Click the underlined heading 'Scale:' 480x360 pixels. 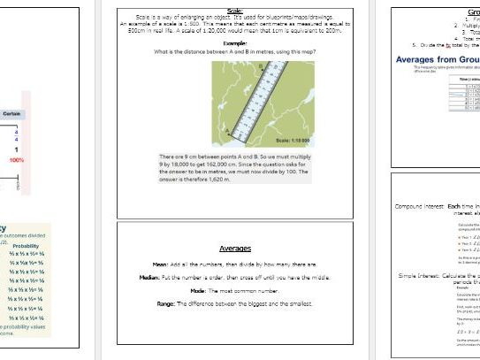pyautogui.click(x=236, y=11)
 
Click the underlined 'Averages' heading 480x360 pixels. pyautogui.click(x=235, y=249)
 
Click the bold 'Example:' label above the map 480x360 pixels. pyautogui.click(x=235, y=42)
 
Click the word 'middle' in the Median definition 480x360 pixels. pyautogui.click(x=300, y=277)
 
